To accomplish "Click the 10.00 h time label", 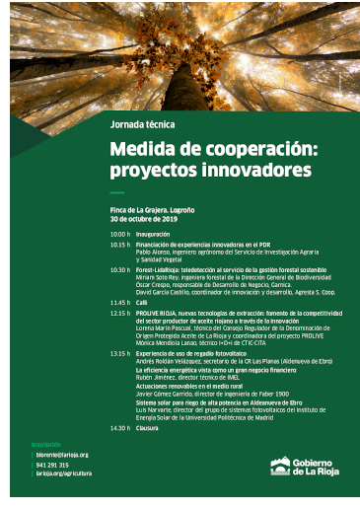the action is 119,234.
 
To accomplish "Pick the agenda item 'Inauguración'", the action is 153,234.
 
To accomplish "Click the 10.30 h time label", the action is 119,269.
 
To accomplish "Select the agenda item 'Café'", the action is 142,302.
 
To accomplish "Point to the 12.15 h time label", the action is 119,312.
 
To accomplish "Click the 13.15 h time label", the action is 119,352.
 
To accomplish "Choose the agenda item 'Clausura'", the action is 149,427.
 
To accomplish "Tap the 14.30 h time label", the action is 119,427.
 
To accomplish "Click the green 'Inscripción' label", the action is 46,445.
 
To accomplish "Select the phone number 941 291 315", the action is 51,465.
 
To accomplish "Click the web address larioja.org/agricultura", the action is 61,473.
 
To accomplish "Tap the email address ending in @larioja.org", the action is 61,455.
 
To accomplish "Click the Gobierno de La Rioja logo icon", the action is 280,465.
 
